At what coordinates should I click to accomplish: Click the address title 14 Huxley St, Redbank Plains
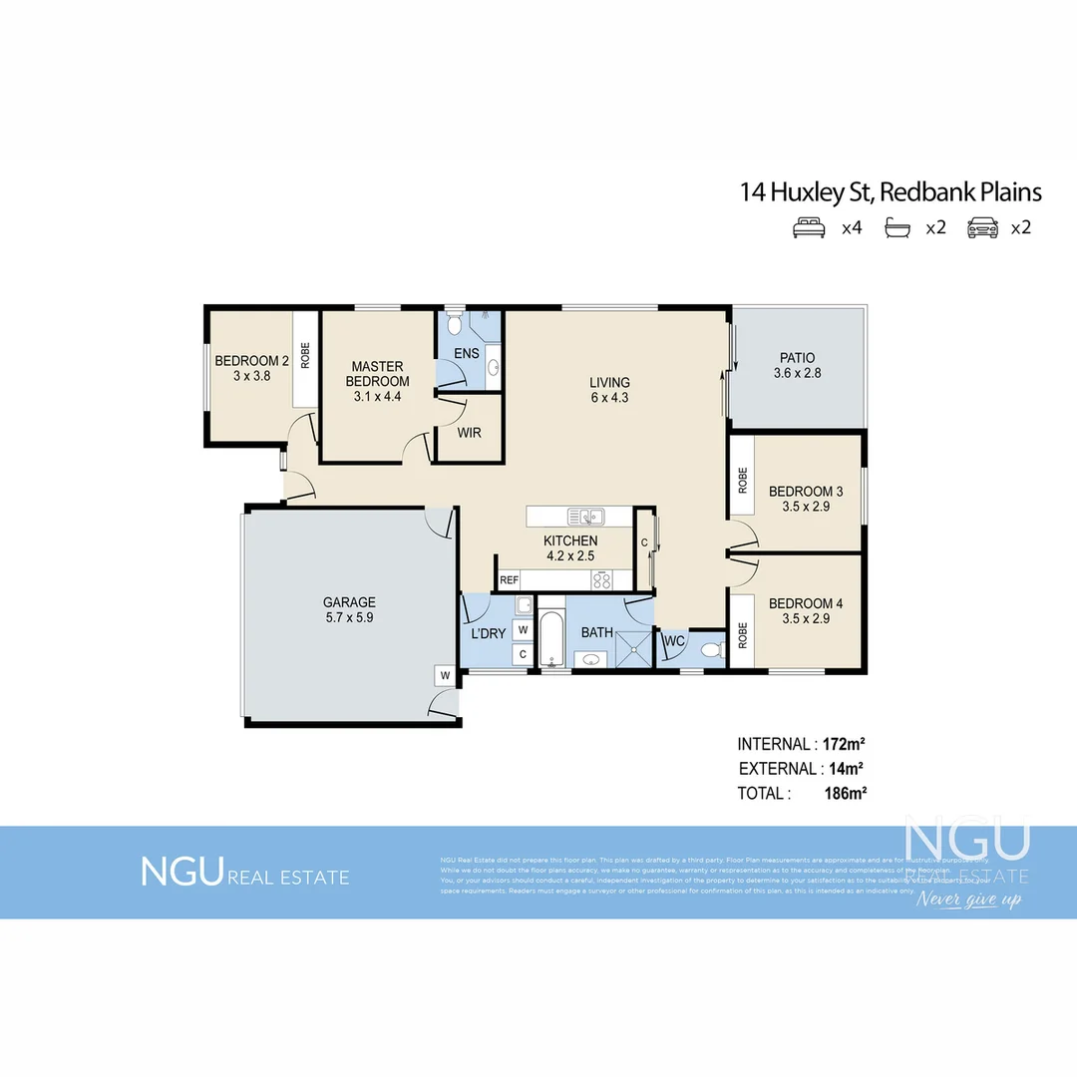(891, 191)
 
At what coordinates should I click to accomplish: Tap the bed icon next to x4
(809, 227)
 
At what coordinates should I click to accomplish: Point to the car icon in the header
(982, 227)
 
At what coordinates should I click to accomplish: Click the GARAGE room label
(349, 602)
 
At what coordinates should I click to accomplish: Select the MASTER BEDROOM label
(377, 374)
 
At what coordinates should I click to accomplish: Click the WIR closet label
(470, 434)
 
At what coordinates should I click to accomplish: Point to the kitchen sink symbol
(585, 516)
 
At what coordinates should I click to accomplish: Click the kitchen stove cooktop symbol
(601, 579)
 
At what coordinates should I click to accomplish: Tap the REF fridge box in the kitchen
(509, 579)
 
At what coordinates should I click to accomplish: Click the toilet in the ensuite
(454, 324)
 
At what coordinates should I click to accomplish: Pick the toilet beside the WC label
(710, 650)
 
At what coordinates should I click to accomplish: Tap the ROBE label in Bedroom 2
(305, 357)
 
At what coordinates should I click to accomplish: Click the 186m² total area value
(844, 794)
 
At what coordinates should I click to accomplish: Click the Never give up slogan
(970, 900)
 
